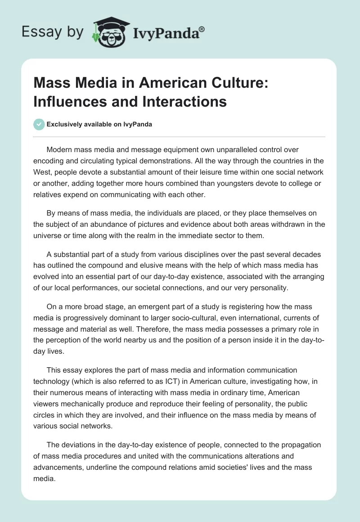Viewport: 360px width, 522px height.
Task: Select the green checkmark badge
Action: point(40,125)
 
